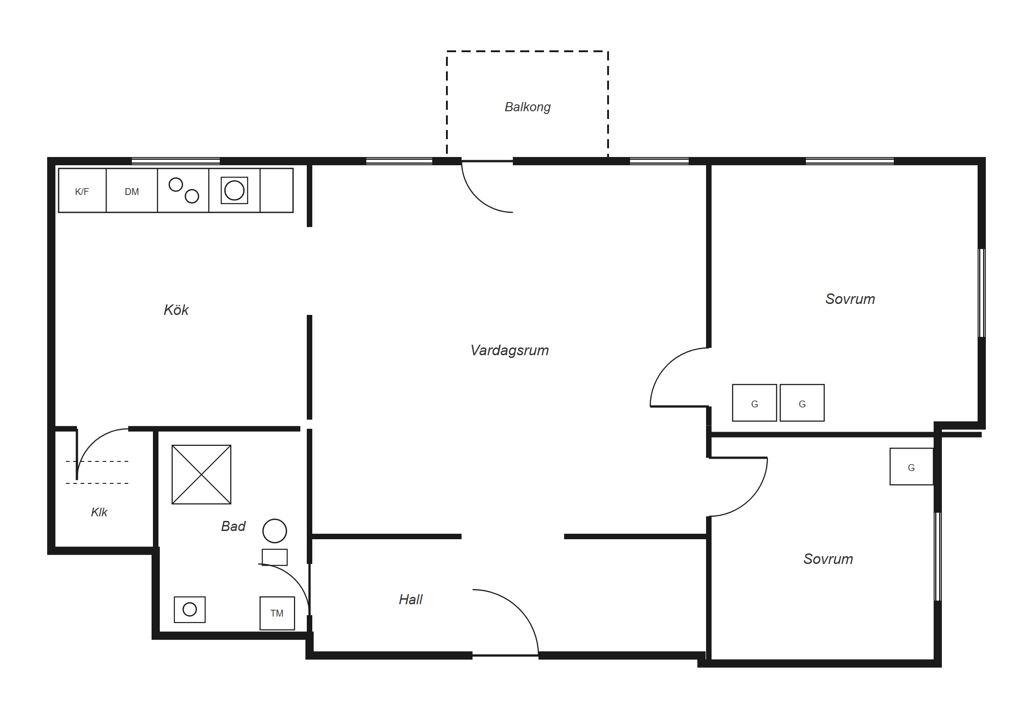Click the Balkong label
coord(527,107)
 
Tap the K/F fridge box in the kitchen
coord(82,190)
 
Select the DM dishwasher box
coord(132,190)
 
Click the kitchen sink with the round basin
coord(234,190)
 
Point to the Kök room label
coord(176,310)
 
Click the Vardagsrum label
coord(510,350)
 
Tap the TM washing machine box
coord(277,613)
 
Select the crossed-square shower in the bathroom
coord(201,475)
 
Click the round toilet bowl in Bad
coord(275,531)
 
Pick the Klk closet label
coord(99,512)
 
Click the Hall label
coord(411,599)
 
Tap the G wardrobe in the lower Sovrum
coord(912,466)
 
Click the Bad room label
coord(234,526)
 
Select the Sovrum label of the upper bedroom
coord(850,299)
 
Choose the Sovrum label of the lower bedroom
coord(828,559)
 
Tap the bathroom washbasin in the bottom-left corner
coord(190,610)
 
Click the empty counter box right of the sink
coord(277,190)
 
